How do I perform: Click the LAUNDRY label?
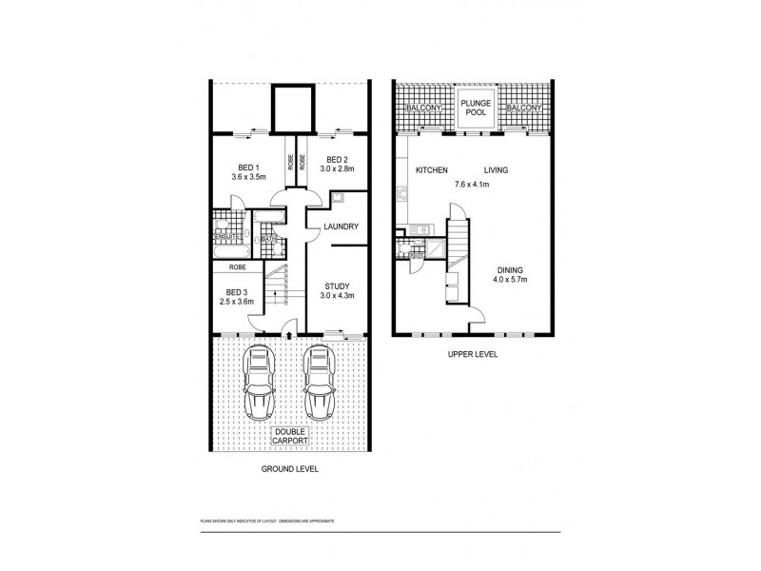(340, 226)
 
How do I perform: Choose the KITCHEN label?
(432, 170)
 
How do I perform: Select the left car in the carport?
(259, 383)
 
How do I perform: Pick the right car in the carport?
(319, 383)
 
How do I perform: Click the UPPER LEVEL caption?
(474, 354)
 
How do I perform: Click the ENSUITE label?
(225, 227)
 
